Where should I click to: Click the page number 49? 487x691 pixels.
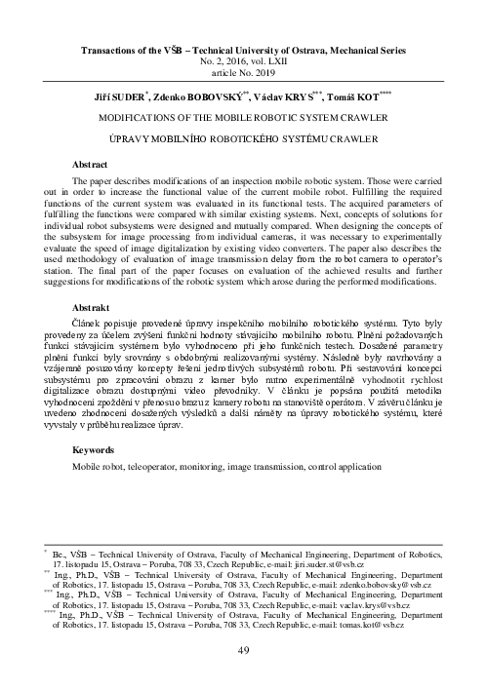[x=244, y=650]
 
